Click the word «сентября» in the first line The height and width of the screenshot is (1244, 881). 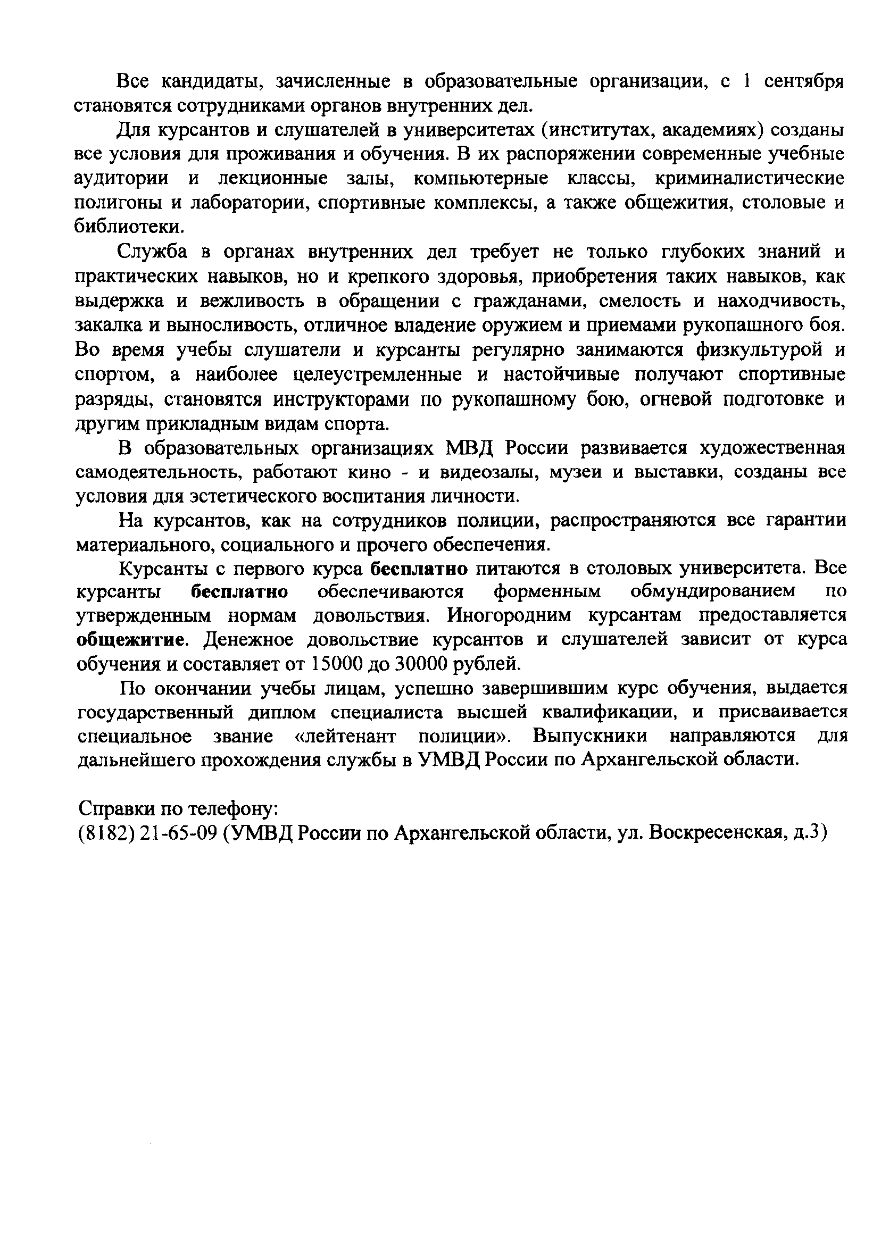804,81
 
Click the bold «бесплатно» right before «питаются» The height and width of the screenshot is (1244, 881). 419,569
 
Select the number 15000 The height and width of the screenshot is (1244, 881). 339,664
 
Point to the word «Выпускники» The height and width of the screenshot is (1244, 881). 589,737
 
